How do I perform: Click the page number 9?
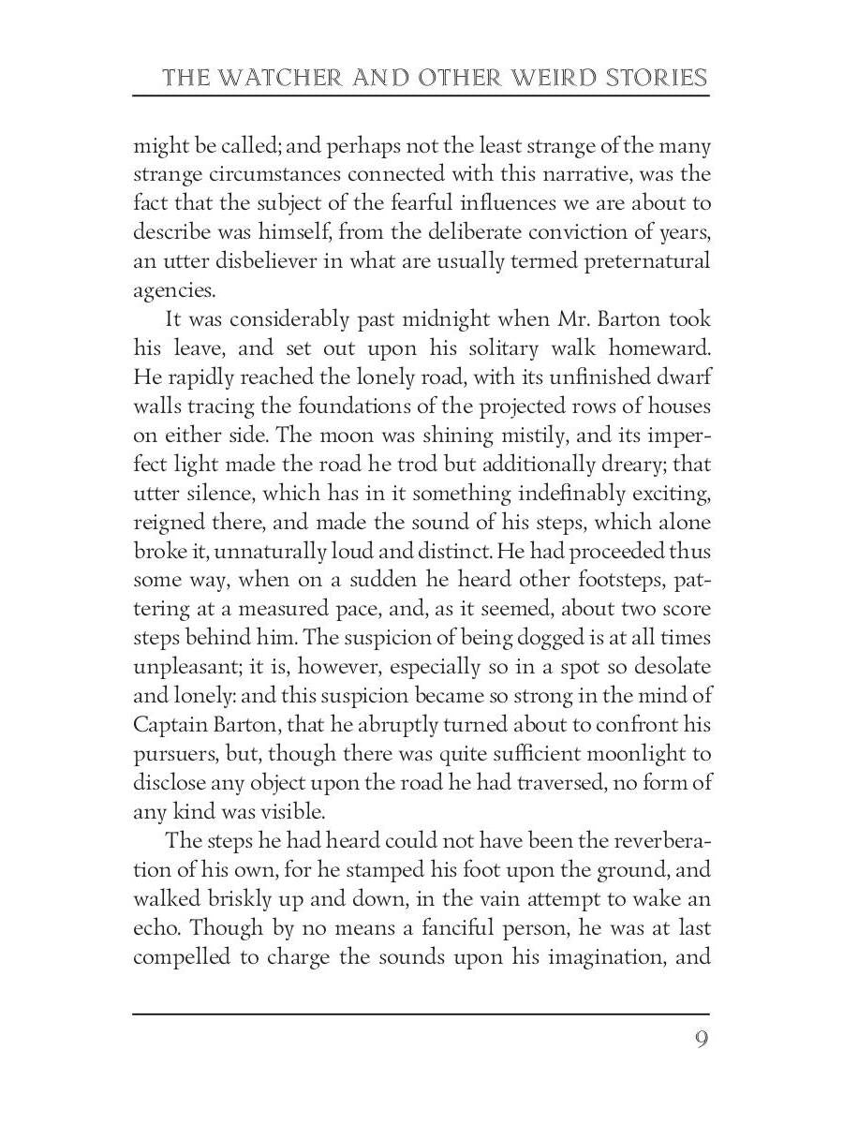coord(701,1041)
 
